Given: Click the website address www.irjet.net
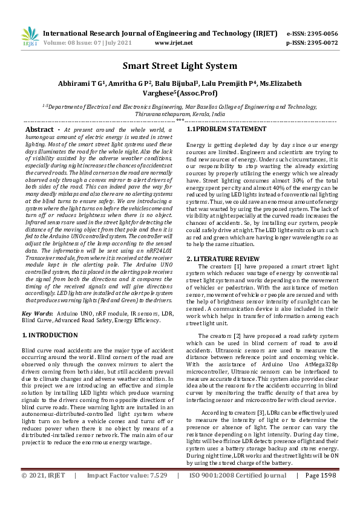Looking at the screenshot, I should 174,43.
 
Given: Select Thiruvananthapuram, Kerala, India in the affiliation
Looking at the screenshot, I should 180,113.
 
